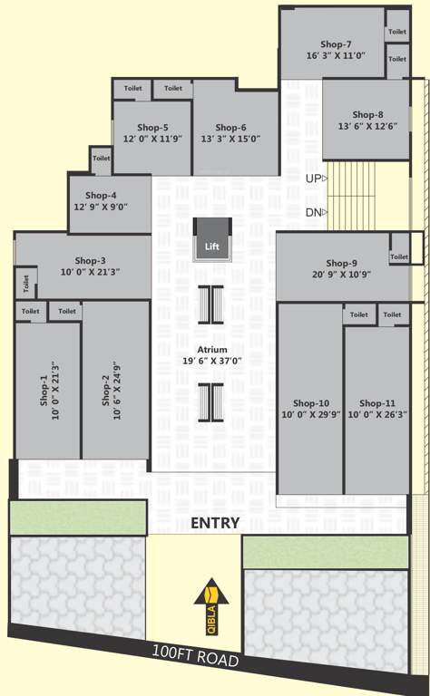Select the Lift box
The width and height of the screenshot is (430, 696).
click(x=211, y=240)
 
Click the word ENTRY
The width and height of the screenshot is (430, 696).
click(x=215, y=523)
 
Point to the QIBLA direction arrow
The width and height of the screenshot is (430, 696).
click(x=211, y=594)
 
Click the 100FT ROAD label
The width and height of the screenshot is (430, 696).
click(x=195, y=656)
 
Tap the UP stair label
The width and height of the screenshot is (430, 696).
click(x=313, y=179)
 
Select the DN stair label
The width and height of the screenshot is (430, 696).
click(x=313, y=213)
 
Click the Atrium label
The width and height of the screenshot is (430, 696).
click(x=212, y=349)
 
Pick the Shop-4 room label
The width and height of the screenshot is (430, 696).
click(x=101, y=195)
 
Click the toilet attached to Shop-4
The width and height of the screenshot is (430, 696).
click(x=101, y=159)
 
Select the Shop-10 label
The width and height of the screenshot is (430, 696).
click(x=311, y=403)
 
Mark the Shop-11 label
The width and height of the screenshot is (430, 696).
click(x=376, y=403)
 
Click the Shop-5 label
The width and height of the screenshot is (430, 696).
click(x=152, y=128)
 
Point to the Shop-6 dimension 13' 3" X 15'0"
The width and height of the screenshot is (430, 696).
click(x=231, y=139)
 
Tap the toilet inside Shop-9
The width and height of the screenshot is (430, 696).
click(x=399, y=257)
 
